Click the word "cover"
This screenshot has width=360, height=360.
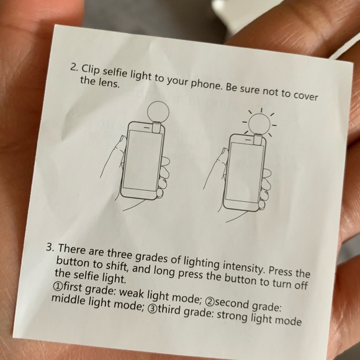304,98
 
